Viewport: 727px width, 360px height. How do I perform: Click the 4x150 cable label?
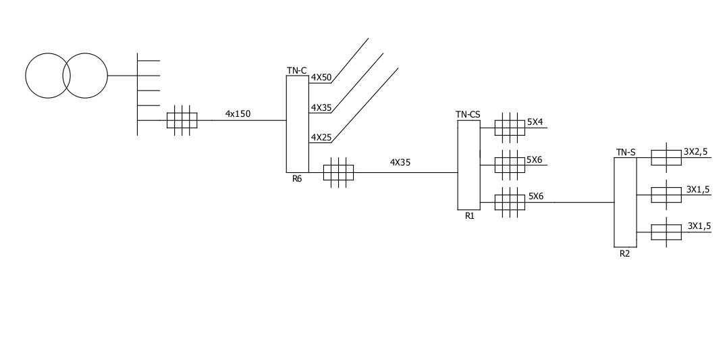238,113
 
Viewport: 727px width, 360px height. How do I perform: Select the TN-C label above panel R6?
297,70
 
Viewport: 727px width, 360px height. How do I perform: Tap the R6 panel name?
297,179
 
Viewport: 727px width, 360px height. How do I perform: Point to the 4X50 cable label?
321,78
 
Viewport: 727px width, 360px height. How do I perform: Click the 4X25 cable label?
321,138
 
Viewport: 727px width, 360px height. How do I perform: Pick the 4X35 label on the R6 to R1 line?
400,162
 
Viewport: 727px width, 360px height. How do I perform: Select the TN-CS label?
468,115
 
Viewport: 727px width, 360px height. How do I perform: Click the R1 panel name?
470,217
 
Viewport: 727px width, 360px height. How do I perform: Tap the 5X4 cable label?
535,122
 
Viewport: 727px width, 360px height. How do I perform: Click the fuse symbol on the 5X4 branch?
510,127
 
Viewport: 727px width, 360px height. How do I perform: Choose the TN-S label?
626,153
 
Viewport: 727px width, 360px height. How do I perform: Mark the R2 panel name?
625,254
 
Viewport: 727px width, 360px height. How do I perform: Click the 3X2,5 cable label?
695,152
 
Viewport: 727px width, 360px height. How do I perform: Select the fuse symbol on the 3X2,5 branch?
666,158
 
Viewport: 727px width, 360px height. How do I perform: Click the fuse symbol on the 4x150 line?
182,120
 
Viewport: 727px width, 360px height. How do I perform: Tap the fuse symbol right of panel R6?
339,172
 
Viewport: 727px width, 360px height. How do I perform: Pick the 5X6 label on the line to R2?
536,197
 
